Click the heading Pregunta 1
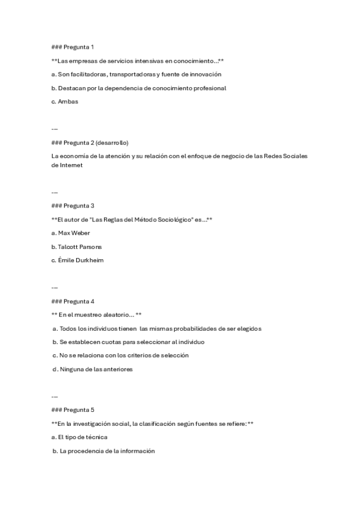pos(73,47)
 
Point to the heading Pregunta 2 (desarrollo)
pos(90,143)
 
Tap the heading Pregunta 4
pos(73,301)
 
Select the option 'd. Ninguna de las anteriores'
pos(92,369)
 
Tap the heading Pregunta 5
pos(73,410)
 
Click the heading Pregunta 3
pos(73,206)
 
